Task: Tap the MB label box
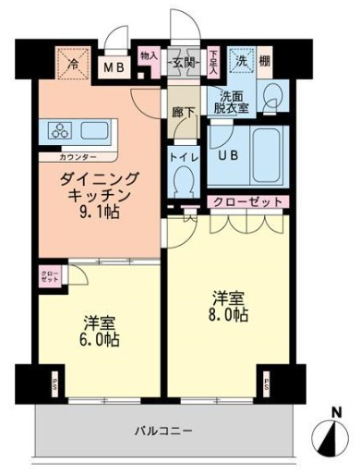click(x=114, y=66)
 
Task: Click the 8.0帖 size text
click(x=228, y=315)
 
